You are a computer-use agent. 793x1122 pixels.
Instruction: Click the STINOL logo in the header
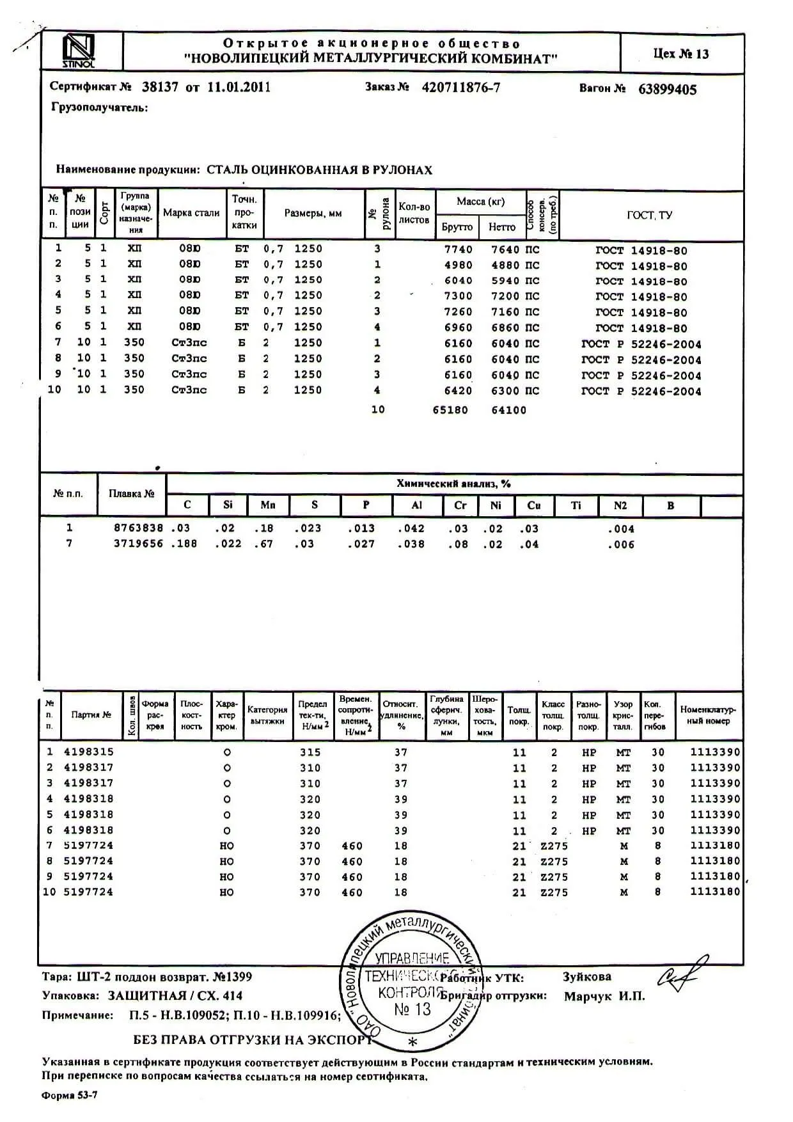point(79,52)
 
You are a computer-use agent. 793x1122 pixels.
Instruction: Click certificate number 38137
point(160,88)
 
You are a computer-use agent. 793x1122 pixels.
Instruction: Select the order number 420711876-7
point(460,88)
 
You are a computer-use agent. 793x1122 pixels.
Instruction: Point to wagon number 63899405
point(667,90)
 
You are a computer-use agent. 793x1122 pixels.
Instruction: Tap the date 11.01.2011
point(239,88)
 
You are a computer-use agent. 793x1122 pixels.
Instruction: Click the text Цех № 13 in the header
point(681,54)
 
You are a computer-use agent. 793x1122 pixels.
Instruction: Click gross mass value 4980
point(458,265)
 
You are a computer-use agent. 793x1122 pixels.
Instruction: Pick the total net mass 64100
point(508,410)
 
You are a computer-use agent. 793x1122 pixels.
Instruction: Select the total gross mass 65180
point(450,410)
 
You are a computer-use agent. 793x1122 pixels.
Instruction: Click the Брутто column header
point(457,227)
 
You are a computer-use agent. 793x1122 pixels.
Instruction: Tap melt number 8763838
point(138,528)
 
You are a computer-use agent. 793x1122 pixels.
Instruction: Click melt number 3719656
point(138,544)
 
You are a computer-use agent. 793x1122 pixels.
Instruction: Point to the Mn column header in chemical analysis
point(268,505)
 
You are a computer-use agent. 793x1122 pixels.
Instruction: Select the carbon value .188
point(184,544)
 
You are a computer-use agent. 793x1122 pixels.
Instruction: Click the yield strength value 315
point(310,752)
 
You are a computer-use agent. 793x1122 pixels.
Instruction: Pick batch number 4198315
point(88,752)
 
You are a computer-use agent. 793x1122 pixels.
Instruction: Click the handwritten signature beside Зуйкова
point(682,972)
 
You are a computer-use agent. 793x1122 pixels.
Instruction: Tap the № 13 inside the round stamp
point(412,1009)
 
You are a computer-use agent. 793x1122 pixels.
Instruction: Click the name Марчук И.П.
point(604,997)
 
